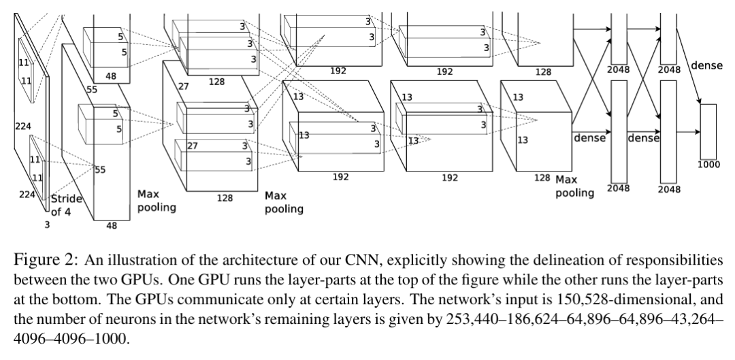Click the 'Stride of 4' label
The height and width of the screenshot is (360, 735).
point(67,206)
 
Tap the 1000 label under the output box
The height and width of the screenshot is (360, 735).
point(708,165)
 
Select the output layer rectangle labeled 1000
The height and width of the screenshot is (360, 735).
point(708,132)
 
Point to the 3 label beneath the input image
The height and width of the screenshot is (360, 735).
point(47,225)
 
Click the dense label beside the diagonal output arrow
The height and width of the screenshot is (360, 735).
point(706,65)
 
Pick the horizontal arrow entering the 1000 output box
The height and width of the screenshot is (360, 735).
point(688,132)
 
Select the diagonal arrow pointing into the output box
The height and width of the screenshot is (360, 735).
point(689,66)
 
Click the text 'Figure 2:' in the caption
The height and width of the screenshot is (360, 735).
point(44,260)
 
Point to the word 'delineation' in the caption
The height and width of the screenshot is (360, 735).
point(557,260)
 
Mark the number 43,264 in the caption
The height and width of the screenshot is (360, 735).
point(694,319)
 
